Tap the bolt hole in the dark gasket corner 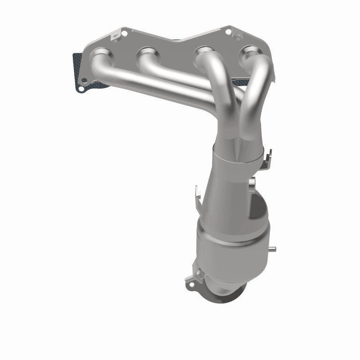coord(81,89)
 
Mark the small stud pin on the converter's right coord(274,249)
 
